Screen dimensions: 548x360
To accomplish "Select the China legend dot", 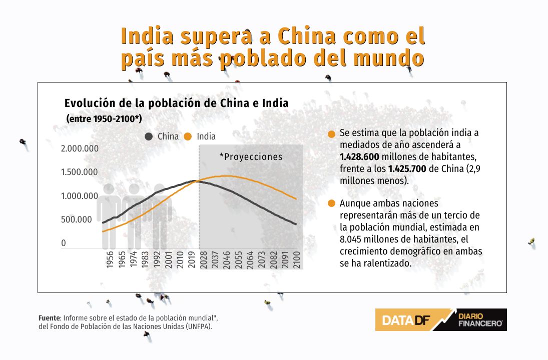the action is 149,136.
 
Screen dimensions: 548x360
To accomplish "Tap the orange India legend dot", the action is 188,136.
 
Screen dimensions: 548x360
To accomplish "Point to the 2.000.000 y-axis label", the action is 80,148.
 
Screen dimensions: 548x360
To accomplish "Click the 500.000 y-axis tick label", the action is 76,219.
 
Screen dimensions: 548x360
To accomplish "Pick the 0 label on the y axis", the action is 63,243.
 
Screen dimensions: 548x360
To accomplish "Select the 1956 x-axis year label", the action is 110,259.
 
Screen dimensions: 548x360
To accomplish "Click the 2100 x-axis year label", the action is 297,259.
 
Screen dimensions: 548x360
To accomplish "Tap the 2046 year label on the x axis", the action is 227,259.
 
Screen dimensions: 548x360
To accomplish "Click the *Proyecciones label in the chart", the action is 251,157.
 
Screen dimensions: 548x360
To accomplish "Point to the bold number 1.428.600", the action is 359,156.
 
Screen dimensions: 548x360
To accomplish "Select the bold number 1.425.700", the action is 407,168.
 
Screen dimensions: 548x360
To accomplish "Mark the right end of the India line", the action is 296,199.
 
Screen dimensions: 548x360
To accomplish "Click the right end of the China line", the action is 296,224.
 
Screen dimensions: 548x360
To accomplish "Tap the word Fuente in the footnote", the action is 49,318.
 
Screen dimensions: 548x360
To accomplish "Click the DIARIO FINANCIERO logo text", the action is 480,320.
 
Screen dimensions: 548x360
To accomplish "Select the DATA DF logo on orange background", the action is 406,320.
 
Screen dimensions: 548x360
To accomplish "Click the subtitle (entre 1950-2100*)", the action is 104,118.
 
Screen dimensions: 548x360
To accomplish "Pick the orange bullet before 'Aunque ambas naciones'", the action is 332,203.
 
